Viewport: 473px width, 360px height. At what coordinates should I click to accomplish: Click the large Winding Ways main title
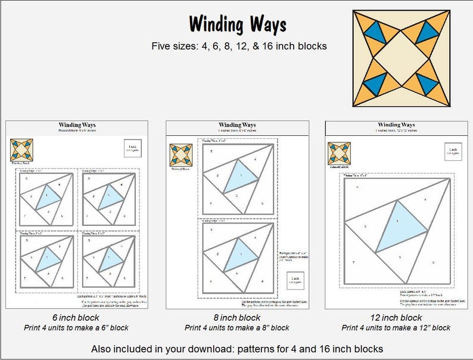pyautogui.click(x=237, y=25)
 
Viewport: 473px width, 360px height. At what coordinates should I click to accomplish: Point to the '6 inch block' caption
pyautogui.click(x=77, y=317)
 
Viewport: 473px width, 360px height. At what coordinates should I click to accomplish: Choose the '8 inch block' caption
pyautogui.click(x=236, y=317)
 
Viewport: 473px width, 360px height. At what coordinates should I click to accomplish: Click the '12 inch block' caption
pyautogui.click(x=396, y=317)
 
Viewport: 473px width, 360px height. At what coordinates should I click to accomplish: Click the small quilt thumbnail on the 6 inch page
pyautogui.click(x=18, y=149)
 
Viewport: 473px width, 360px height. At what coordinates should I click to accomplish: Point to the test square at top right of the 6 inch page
pyautogui.click(x=133, y=148)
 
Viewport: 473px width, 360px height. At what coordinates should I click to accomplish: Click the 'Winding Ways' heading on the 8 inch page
pyautogui.click(x=236, y=124)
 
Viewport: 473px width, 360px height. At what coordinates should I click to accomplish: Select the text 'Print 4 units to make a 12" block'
pyautogui.click(x=396, y=328)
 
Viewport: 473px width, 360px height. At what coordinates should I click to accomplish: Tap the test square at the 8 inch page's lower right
pyautogui.click(x=295, y=280)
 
